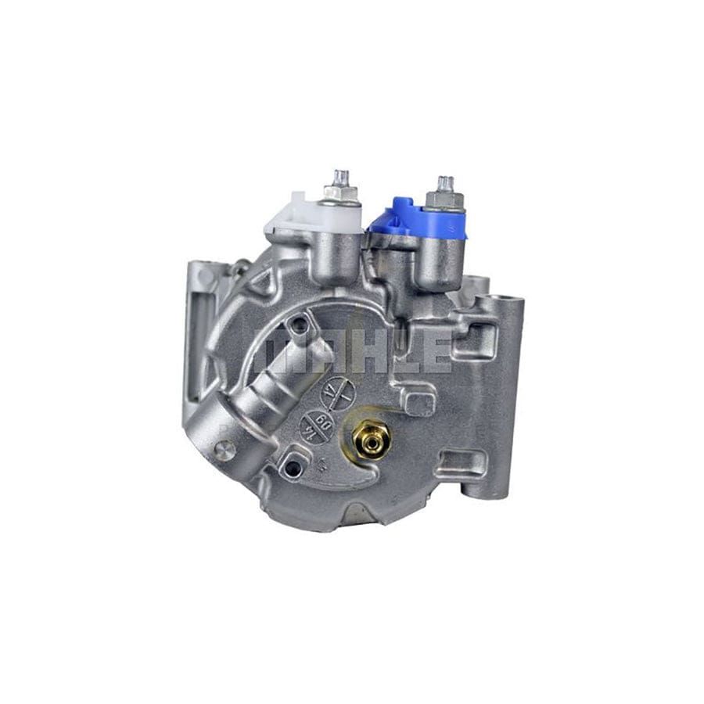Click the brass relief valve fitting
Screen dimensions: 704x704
[368, 440]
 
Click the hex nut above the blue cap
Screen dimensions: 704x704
[445, 200]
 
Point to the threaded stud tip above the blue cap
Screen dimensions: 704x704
[445, 183]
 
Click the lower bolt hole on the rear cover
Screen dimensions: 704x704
[293, 467]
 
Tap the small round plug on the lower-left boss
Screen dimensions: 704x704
[225, 449]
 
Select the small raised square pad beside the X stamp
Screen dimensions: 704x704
[418, 401]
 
